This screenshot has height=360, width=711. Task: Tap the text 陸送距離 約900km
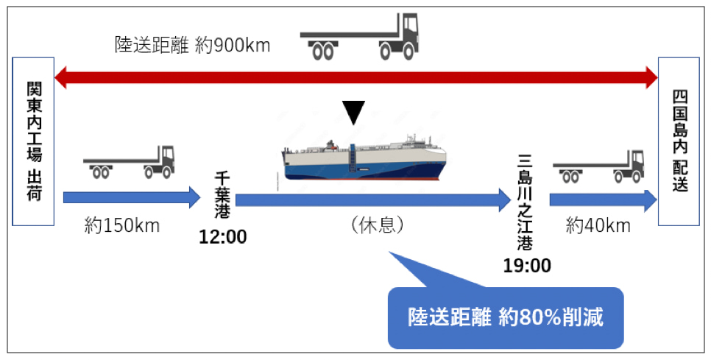tap(193, 46)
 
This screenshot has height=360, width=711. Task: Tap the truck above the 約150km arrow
tap(129, 163)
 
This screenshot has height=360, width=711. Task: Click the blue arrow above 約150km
tap(131, 197)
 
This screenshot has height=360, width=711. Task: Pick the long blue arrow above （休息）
tap(372, 199)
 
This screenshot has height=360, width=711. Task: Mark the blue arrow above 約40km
tap(603, 200)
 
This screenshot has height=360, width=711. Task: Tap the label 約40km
tap(598, 226)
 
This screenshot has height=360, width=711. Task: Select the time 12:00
tap(222, 237)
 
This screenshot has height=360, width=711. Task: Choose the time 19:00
tap(526, 266)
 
